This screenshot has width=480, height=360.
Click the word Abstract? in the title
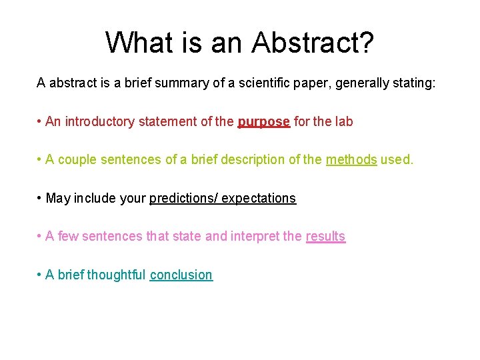[313, 43]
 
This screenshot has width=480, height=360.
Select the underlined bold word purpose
[264, 121]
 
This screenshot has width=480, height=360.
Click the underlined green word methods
[351, 160]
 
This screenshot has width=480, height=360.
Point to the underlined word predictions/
[183, 198]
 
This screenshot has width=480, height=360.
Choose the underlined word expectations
[259, 198]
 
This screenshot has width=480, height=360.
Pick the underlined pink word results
[325, 236]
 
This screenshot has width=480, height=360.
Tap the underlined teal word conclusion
[181, 275]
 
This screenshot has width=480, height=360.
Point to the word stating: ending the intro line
[413, 83]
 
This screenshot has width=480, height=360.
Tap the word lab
[343, 121]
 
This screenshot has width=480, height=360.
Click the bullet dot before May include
[40, 198]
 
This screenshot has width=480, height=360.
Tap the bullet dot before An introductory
[40, 121]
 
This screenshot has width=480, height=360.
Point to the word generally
[362, 83]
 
